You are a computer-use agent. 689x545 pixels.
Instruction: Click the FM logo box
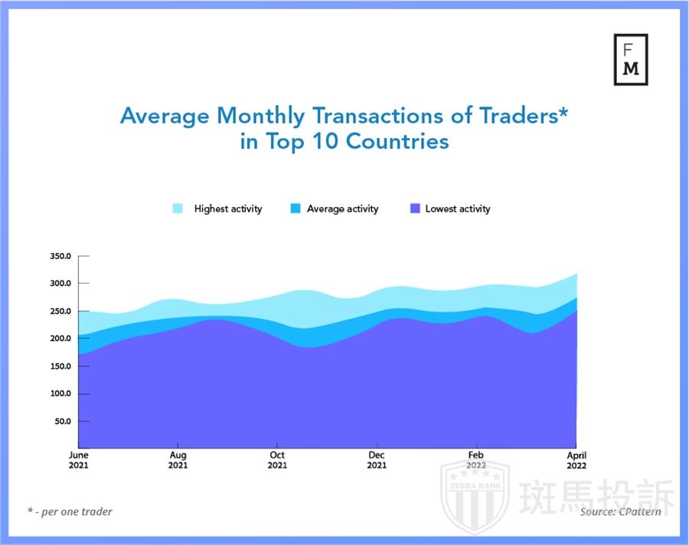click(x=631, y=59)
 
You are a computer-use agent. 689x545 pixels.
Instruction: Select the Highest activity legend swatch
click(x=178, y=208)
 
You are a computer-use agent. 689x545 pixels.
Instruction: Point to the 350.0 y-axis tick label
click(x=60, y=256)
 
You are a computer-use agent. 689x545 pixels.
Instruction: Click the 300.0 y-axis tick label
click(x=60, y=284)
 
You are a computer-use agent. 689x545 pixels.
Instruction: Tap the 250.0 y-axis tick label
click(x=60, y=311)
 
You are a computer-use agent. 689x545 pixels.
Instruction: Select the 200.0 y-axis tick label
click(x=60, y=339)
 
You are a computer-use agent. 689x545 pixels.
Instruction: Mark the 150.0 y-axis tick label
click(x=60, y=366)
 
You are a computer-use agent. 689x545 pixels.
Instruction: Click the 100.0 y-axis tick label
click(x=60, y=394)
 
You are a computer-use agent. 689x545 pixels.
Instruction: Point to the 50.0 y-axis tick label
click(x=63, y=422)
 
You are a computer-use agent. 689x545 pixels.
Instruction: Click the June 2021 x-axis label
click(x=78, y=460)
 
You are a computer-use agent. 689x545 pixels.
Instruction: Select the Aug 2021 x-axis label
click(x=178, y=460)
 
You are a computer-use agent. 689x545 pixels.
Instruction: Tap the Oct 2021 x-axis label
click(x=277, y=460)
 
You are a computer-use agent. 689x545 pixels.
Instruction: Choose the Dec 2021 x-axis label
click(x=377, y=460)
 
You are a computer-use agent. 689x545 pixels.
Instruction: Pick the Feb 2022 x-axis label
click(x=476, y=460)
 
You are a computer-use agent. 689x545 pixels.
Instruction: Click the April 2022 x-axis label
click(x=576, y=460)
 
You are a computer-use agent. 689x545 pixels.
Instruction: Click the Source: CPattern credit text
click(x=620, y=511)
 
